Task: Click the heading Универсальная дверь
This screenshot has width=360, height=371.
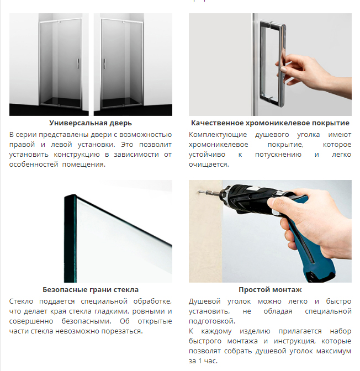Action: point(91,123)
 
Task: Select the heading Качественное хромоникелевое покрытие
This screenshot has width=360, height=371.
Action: point(270,123)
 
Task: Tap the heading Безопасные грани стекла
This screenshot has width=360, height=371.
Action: point(91,290)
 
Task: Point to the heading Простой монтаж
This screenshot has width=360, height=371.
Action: point(270,290)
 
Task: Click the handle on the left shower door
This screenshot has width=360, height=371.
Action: point(78,63)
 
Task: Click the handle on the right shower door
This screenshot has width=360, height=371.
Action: point(104,63)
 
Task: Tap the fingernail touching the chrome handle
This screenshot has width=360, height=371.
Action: point(283,70)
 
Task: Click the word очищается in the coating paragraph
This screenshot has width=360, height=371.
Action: point(209,165)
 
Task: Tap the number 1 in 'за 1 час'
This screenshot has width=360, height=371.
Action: point(200,361)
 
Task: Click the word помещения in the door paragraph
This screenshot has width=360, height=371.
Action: point(84,165)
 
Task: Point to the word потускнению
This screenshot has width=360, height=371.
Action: point(278,155)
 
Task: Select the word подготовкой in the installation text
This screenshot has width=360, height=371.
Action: point(212,321)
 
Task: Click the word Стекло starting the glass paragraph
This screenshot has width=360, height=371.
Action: point(21,301)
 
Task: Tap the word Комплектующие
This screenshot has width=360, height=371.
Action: point(218,135)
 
